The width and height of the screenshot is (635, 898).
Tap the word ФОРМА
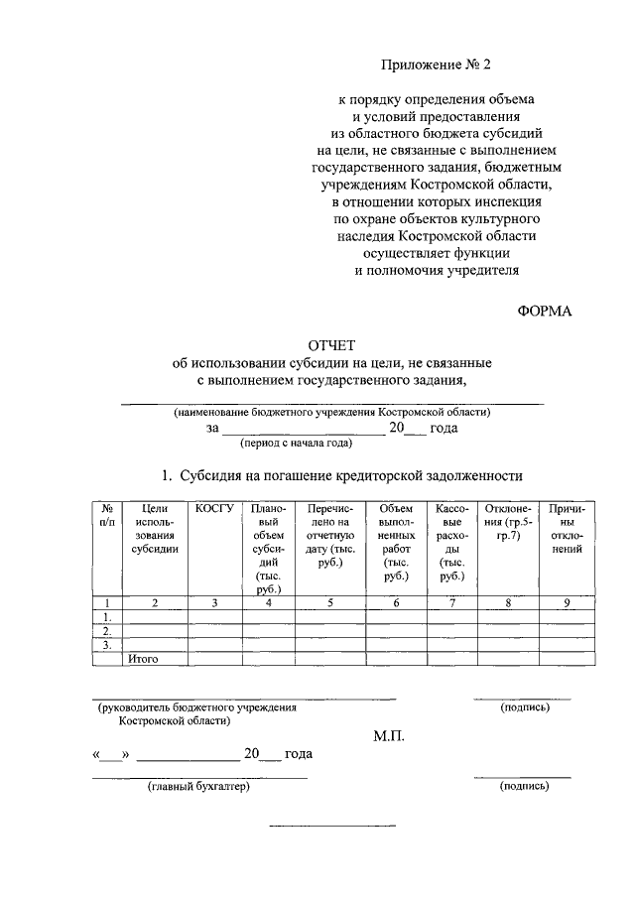point(545,312)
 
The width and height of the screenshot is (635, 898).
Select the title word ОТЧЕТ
point(332,344)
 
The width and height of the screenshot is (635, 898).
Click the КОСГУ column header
point(214,508)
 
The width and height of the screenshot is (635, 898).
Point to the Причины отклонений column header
point(566,528)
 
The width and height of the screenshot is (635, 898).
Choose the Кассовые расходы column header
point(451,542)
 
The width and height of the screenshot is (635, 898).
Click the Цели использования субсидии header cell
point(154,528)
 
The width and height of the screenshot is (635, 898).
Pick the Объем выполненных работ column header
point(396,542)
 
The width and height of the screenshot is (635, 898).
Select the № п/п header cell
point(106,515)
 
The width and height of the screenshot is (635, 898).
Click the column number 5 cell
point(329,602)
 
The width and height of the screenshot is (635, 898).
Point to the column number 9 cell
point(566,602)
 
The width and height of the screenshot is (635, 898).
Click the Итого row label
point(143,658)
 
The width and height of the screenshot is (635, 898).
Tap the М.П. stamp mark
point(389,735)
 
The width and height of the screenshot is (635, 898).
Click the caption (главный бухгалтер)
point(197,787)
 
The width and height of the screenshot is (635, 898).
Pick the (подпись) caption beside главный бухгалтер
point(525,787)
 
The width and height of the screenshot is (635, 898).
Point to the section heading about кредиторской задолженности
point(342,475)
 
